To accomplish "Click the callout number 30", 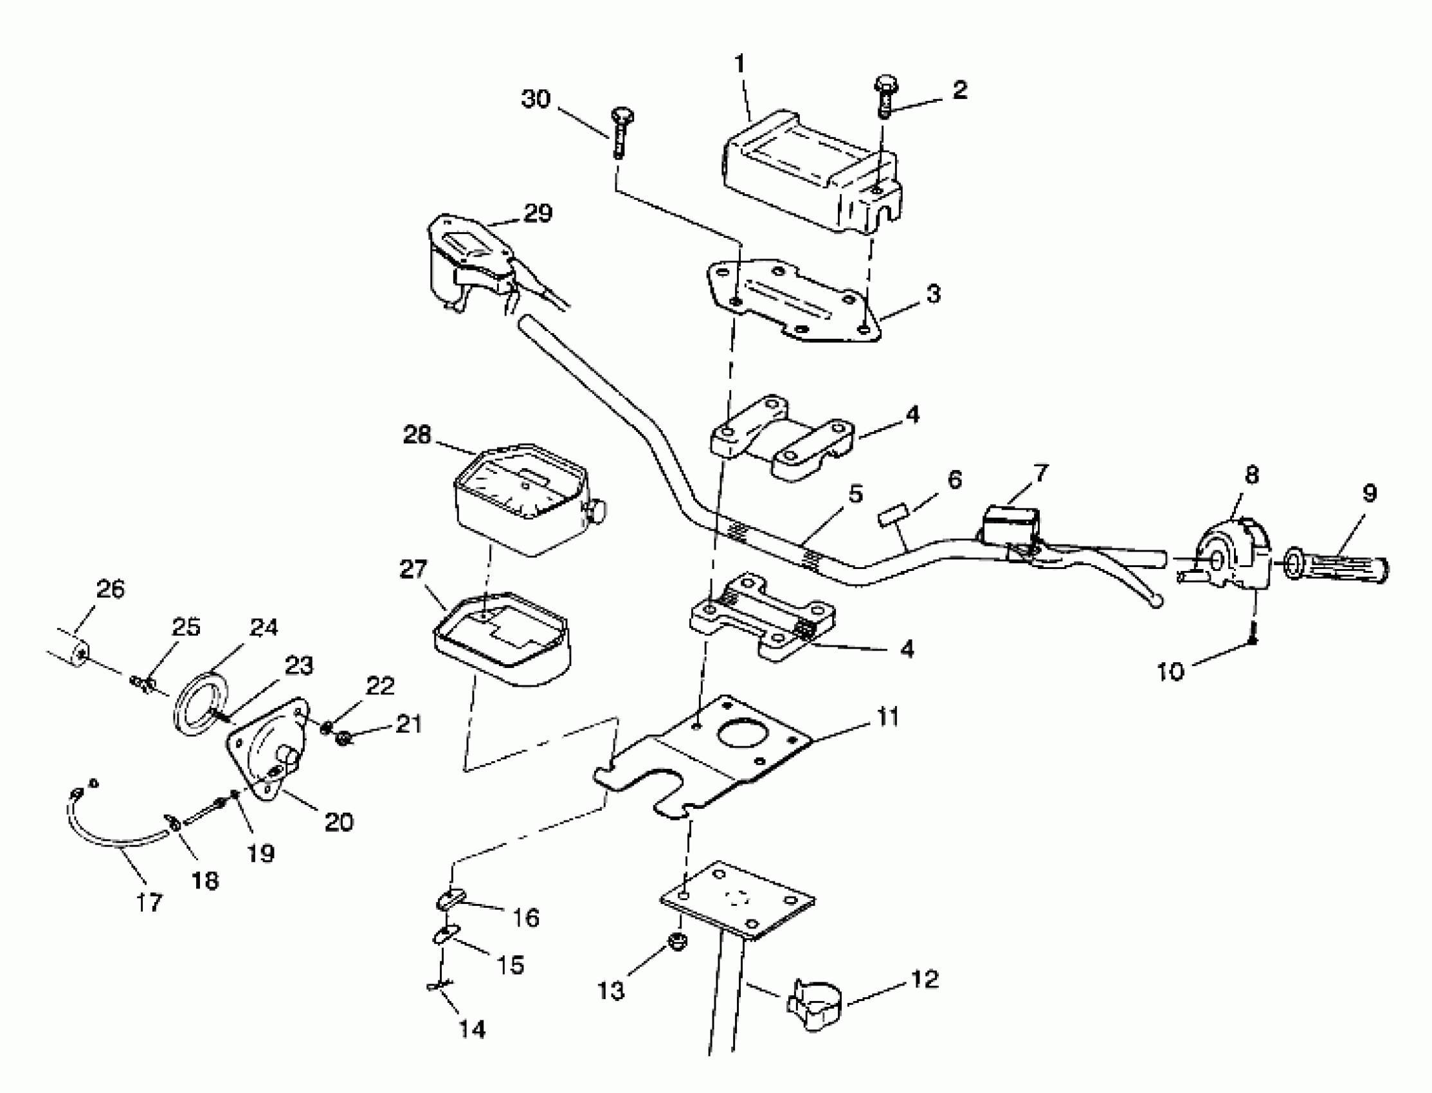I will pos(536,99).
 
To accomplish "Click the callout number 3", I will pos(933,293).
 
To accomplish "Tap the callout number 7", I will pos(1041,473).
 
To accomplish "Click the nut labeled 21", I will pos(344,739).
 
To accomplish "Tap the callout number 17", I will pos(149,903).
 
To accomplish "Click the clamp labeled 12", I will pos(813,1005).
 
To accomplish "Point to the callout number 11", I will pos(887,717).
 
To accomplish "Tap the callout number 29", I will pos(538,213).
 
